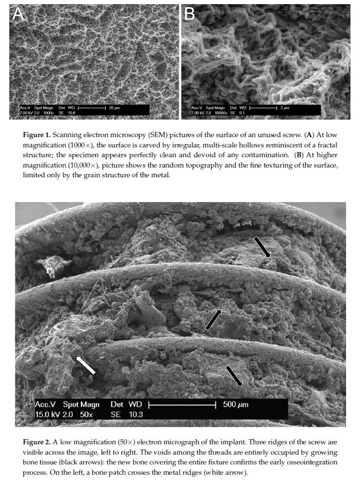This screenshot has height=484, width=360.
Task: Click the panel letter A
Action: click(x=18, y=15)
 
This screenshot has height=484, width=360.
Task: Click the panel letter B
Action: click(x=190, y=15)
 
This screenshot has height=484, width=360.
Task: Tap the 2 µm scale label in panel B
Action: click(x=286, y=108)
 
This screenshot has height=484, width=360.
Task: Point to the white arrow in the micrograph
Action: click(x=85, y=365)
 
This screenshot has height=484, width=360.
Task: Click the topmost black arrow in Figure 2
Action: click(x=262, y=247)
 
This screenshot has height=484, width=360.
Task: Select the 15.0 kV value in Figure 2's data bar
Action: click(x=46, y=414)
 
